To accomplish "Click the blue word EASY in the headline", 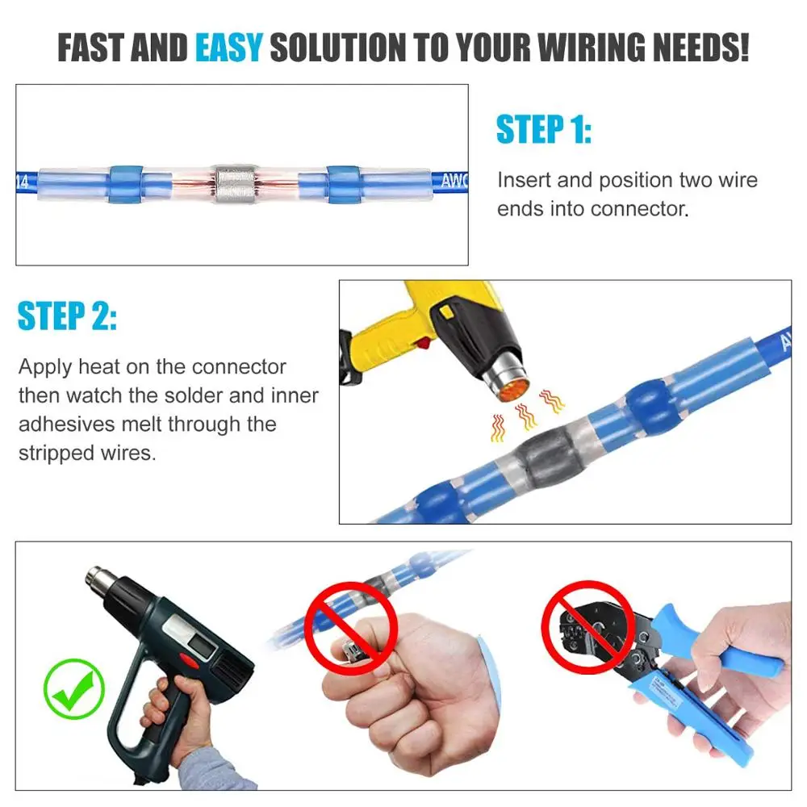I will click(x=229, y=48).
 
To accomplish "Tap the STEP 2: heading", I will click(x=67, y=316).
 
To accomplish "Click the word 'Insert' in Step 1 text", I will click(x=524, y=179).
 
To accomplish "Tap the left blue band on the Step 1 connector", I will click(x=125, y=184).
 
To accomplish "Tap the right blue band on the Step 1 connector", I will click(x=341, y=184).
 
